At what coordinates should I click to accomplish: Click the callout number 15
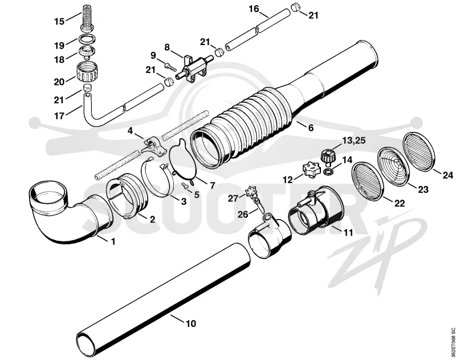coord(59,21)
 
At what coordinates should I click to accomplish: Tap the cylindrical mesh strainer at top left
coord(87,17)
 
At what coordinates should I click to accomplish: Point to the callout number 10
coord(191,323)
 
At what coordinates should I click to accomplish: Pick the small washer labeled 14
coord(328,171)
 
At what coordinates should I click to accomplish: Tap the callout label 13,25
coord(353,140)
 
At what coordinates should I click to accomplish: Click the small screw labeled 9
coord(170,67)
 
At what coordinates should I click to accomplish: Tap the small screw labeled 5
coord(185,184)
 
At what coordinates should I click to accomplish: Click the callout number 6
coord(311,127)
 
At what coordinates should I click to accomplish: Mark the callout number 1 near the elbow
coord(113,241)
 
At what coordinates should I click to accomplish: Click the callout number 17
coord(59,116)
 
